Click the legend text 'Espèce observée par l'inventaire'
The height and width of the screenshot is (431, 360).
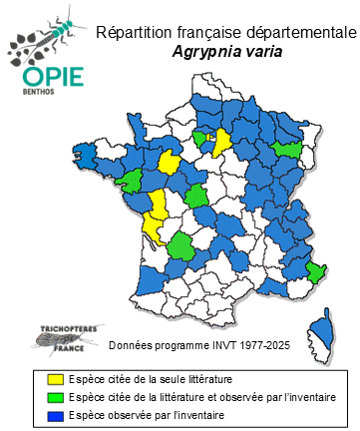point(144,415)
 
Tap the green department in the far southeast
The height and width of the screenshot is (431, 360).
point(315,271)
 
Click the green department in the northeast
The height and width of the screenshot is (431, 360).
point(290,149)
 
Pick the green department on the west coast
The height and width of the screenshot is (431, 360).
point(131,181)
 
